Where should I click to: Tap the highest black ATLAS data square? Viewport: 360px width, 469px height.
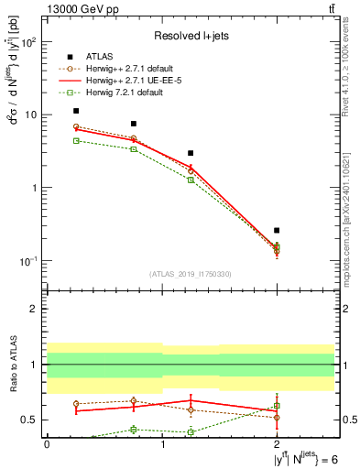(x=76, y=111)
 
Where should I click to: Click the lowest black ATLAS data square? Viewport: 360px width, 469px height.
(x=277, y=230)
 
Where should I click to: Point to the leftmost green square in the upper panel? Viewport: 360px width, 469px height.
(x=76, y=140)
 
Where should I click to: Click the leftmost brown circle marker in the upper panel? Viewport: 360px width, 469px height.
(x=76, y=126)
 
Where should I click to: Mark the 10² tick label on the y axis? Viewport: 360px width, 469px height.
(x=28, y=43)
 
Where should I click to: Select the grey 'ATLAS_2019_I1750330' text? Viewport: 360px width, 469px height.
(x=191, y=274)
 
